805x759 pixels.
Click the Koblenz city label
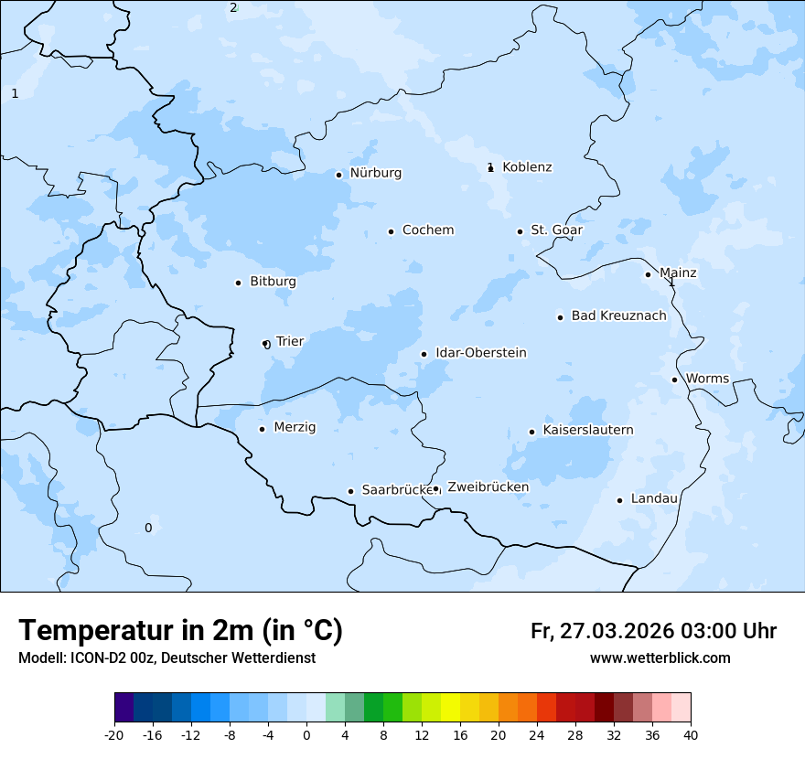[527, 167]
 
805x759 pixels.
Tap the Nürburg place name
[375, 173]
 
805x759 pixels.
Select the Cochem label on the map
[427, 230]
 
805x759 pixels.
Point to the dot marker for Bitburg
[238, 283]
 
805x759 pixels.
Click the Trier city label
[289, 342]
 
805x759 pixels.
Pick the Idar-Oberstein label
[480, 353]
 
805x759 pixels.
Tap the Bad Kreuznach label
[618, 316]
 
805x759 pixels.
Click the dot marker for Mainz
[648, 274]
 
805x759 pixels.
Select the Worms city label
[707, 379]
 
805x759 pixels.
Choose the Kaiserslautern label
[587, 431]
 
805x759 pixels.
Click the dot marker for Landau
[619, 500]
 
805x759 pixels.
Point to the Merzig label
[295, 428]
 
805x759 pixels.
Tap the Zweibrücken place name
[488, 487]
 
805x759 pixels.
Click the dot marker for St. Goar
[520, 231]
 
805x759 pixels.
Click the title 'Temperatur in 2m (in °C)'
[180, 630]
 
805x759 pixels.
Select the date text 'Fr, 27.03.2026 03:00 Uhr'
[653, 631]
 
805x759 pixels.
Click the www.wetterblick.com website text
[660, 658]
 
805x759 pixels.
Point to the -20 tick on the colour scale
[114, 735]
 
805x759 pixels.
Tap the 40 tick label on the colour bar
[691, 735]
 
